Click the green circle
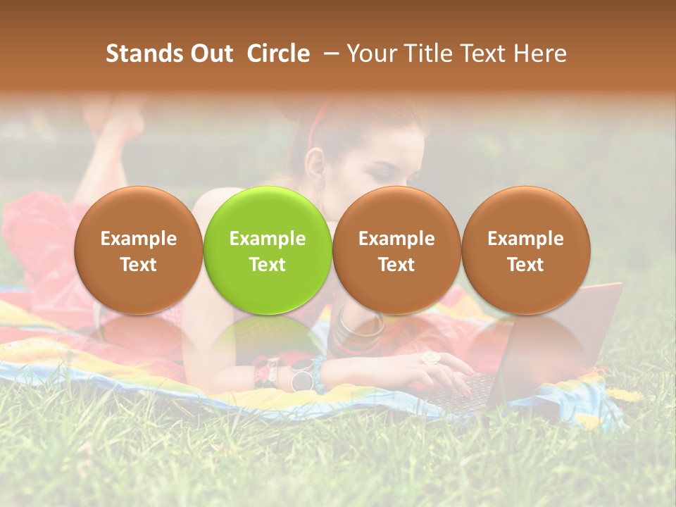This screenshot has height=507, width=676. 268,250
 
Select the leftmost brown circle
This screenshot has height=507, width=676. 139,250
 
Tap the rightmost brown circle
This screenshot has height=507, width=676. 525,250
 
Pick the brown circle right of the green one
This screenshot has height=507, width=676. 396,250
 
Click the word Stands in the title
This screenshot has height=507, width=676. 144,54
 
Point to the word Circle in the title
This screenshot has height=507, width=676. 278,54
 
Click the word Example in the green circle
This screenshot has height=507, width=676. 268,239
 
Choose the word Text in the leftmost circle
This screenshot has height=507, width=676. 139,265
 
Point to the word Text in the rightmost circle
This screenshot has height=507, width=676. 525,265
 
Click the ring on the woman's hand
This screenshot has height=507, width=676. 430,358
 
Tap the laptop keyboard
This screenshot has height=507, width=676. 465,391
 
